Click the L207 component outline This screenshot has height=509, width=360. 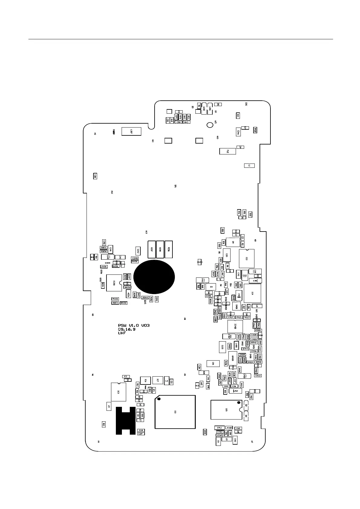(x=131, y=131)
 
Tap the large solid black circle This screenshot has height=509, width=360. (x=154, y=277)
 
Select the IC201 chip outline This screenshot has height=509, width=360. (x=114, y=283)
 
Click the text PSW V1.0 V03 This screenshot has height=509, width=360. (x=134, y=326)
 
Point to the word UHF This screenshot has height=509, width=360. (x=122, y=333)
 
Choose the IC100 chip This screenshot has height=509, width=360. (x=235, y=326)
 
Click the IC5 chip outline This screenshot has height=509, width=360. (x=227, y=410)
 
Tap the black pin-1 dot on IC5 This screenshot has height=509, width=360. (x=239, y=403)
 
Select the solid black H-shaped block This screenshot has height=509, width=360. (x=125, y=420)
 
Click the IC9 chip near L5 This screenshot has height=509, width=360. (x=118, y=392)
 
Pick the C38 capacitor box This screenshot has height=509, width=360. (x=95, y=176)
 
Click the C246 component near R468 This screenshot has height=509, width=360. (x=238, y=132)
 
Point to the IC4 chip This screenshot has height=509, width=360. (x=252, y=293)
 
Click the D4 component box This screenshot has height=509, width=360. (x=211, y=287)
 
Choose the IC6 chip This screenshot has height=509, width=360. (x=146, y=381)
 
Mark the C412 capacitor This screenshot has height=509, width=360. (x=258, y=376)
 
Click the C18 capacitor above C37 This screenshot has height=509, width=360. (x=141, y=430)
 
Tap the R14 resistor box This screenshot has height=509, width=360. (x=238, y=115)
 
